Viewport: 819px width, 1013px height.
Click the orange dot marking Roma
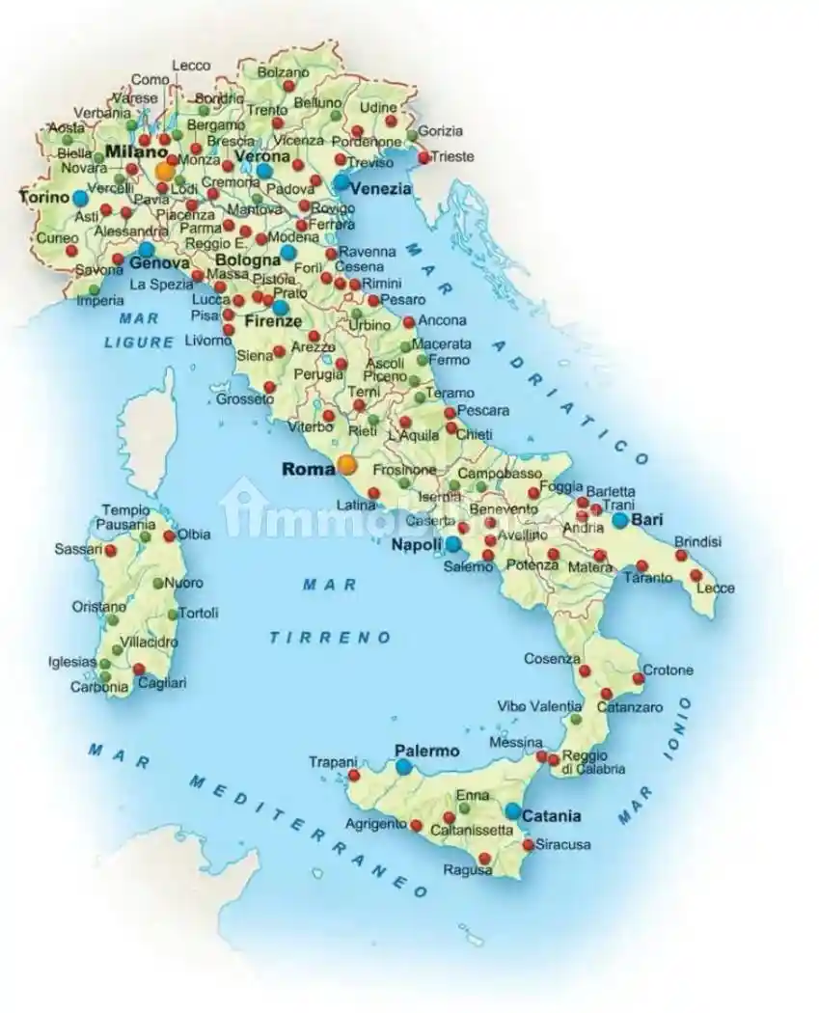point(347,465)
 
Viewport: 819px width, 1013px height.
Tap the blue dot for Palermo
point(403,767)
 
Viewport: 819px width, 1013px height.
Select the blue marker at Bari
point(619,520)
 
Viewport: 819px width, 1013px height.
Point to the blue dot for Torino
point(80,198)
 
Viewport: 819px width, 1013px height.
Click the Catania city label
point(552,816)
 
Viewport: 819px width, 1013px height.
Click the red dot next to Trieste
point(423,156)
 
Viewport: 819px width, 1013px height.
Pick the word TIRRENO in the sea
point(331,638)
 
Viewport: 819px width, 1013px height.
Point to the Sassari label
point(78,549)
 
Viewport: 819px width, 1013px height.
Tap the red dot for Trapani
point(354,775)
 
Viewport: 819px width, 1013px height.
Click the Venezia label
point(380,189)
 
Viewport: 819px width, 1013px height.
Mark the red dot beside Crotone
point(638,679)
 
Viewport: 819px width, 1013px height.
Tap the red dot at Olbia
point(169,535)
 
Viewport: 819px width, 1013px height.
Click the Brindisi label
point(697,542)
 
